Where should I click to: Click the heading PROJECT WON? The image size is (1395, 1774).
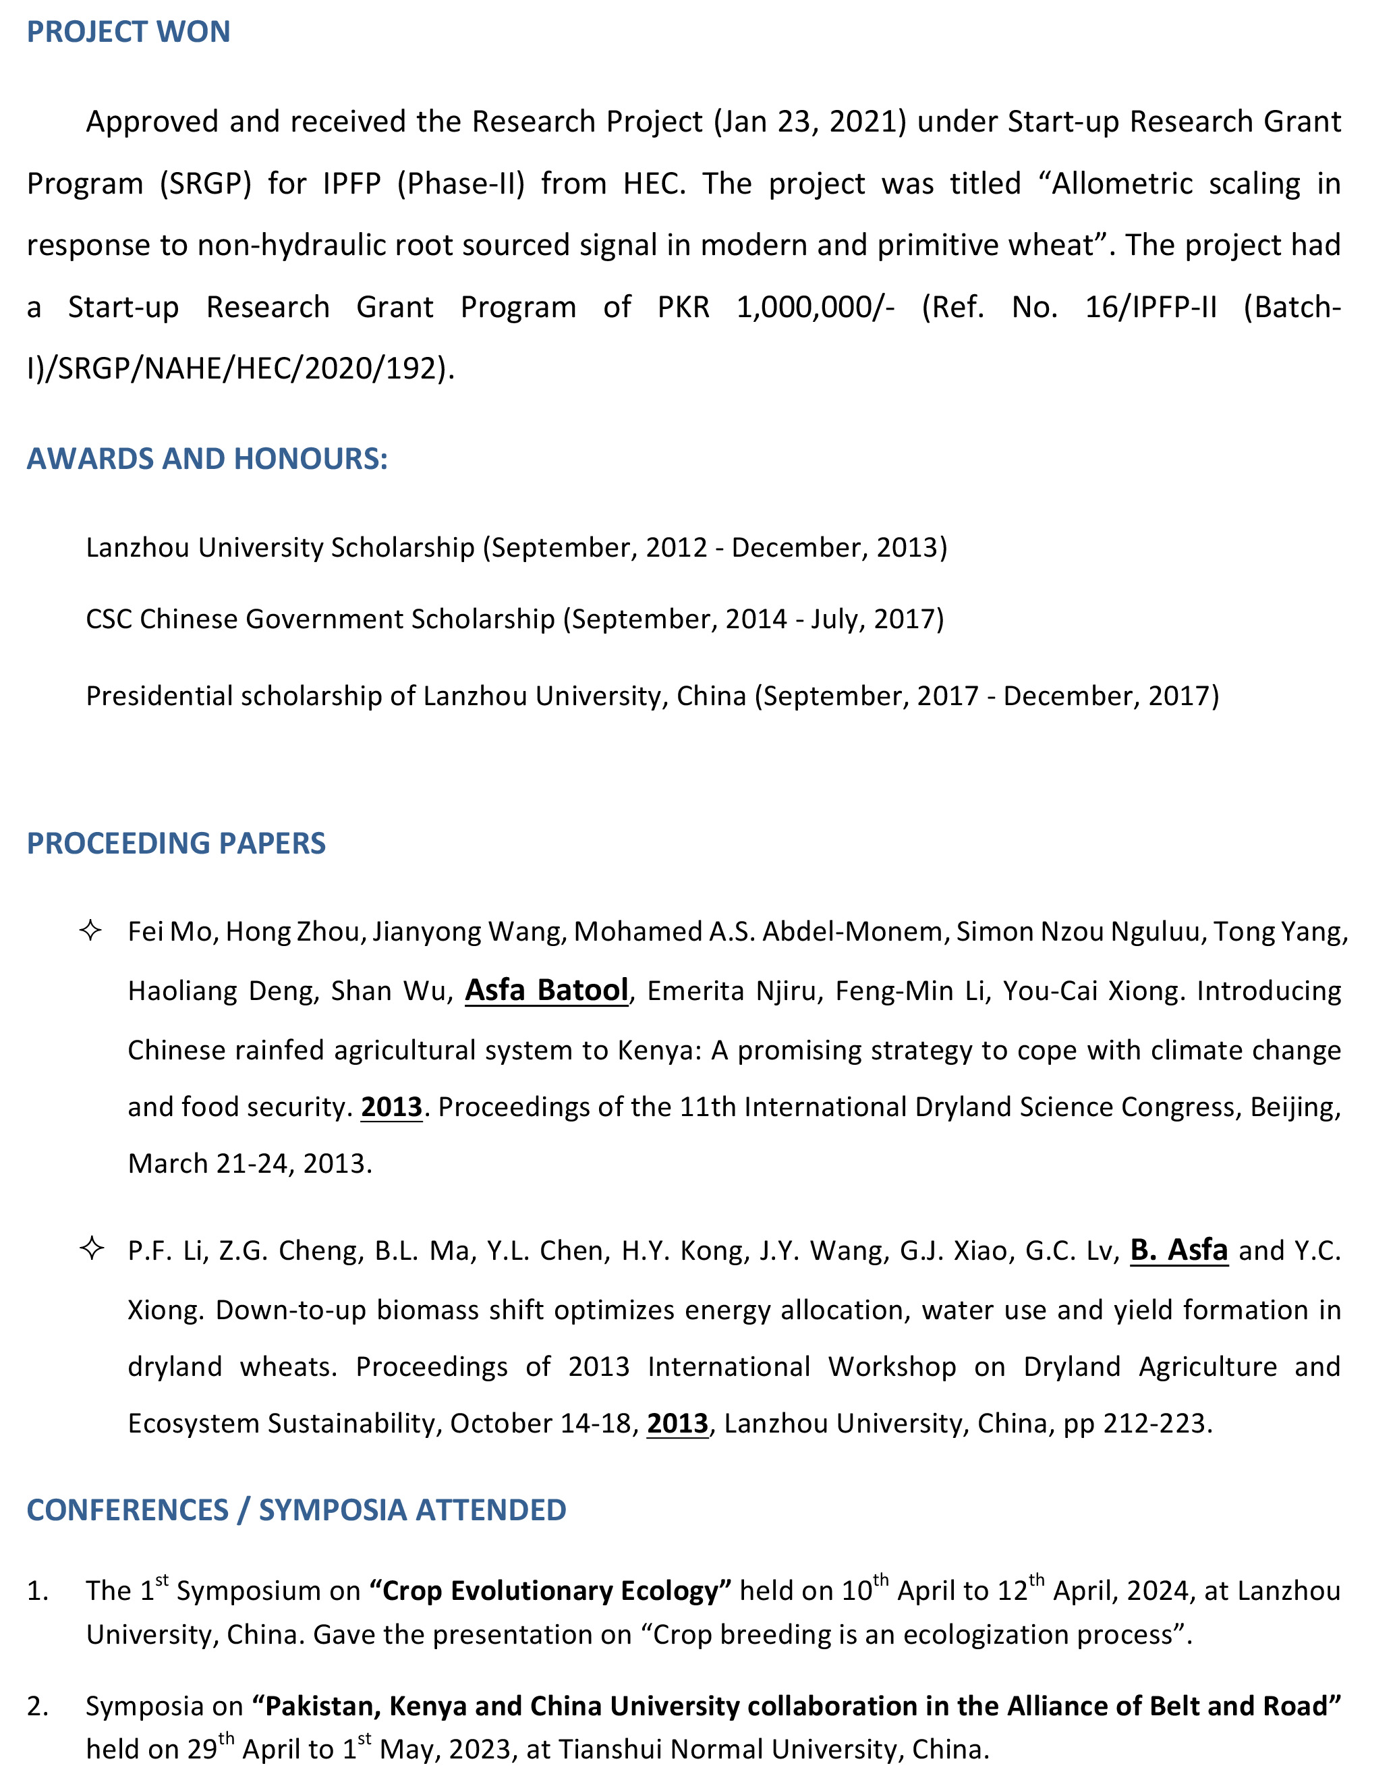click(x=128, y=32)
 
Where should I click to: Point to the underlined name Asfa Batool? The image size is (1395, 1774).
click(x=546, y=991)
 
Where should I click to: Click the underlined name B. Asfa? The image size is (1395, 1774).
click(x=1178, y=1250)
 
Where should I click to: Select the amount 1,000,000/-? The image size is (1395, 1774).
click(x=815, y=307)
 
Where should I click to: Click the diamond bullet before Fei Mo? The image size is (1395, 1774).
click(x=90, y=930)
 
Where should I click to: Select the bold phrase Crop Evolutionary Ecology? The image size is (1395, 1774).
click(x=550, y=1590)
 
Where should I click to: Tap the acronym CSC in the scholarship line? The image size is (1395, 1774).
click(x=109, y=619)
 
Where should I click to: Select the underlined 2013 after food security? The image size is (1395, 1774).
click(x=391, y=1107)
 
